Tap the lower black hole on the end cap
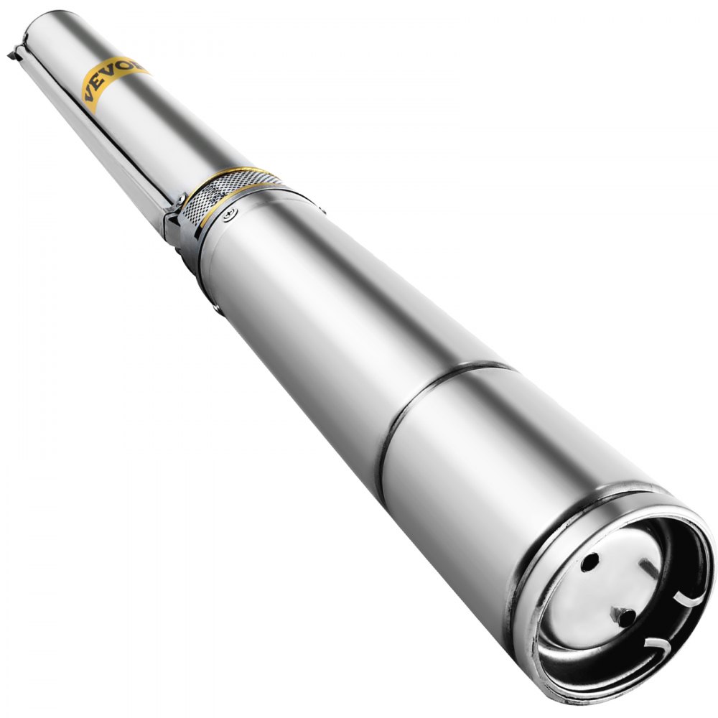coord(626,615)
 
